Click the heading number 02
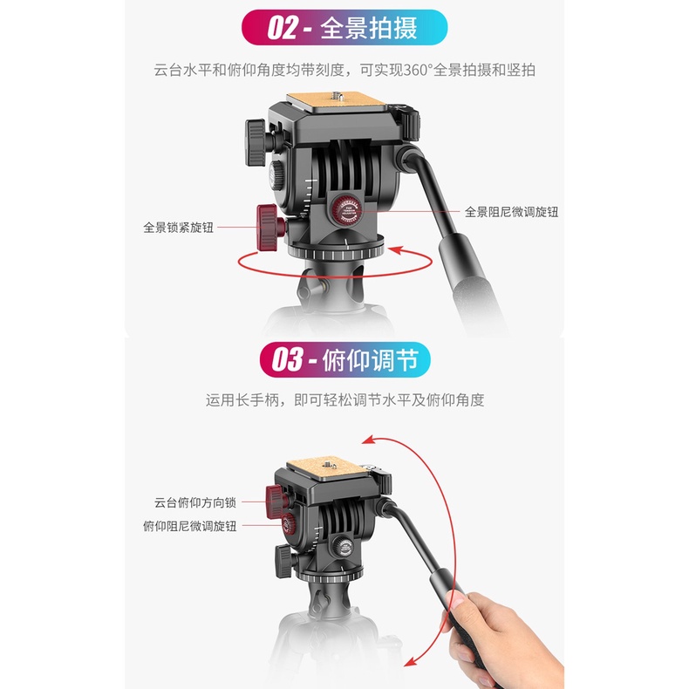[283, 28]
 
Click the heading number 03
[288, 359]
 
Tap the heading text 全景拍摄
[369, 28]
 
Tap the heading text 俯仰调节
[370, 360]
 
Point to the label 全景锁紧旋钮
[179, 228]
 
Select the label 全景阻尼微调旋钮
[511, 212]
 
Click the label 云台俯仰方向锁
[195, 502]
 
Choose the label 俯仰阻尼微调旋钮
[190, 526]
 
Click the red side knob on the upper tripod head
[269, 228]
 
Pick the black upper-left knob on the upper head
[256, 142]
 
